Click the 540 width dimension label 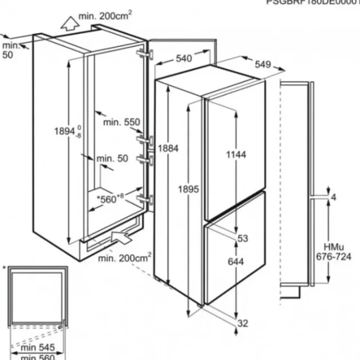pos(184,59)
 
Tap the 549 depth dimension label pos(263,65)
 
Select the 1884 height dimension pos(168,148)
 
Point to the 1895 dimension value pos(189,190)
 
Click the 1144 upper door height pos(236,155)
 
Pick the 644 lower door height pos(236,262)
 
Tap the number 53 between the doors pos(243,239)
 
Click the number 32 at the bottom pos(243,323)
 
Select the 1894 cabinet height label pos(65,131)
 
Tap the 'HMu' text pos(333,247)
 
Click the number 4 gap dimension pos(333,198)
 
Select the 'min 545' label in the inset pos(37,348)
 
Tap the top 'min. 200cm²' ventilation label pos(105,16)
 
